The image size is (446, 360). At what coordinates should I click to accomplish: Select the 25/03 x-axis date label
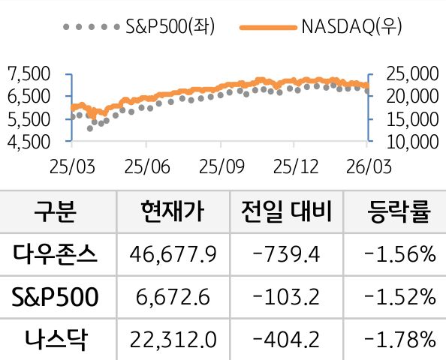pyautogui.click(x=72, y=164)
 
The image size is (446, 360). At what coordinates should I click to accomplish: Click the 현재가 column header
pyautogui.click(x=172, y=212)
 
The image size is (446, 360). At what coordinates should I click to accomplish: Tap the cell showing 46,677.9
pyautogui.click(x=172, y=255)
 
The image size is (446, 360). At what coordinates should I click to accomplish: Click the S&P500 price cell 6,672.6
pyautogui.click(x=172, y=298)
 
